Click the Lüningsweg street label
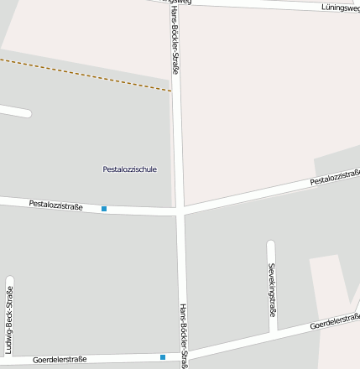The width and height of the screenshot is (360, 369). coord(339,8)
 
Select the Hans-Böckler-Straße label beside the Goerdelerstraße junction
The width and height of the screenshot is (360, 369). coord(183,334)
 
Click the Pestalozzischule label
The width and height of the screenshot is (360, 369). coord(129,169)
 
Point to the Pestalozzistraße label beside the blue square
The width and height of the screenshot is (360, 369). coord(55,205)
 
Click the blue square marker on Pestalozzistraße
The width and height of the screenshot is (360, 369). coord(104,208)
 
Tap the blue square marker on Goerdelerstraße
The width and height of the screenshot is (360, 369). coord(163,357)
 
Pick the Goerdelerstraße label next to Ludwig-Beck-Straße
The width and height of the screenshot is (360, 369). coord(60,360)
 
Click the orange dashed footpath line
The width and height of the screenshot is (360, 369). coord(84,74)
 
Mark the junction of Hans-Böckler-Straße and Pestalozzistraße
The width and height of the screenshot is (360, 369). coord(180,210)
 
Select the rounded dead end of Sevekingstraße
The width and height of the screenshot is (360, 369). coord(271,245)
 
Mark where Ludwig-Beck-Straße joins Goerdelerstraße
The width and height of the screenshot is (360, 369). coord(9,361)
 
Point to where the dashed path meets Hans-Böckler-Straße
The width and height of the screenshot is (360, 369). coord(175,91)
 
